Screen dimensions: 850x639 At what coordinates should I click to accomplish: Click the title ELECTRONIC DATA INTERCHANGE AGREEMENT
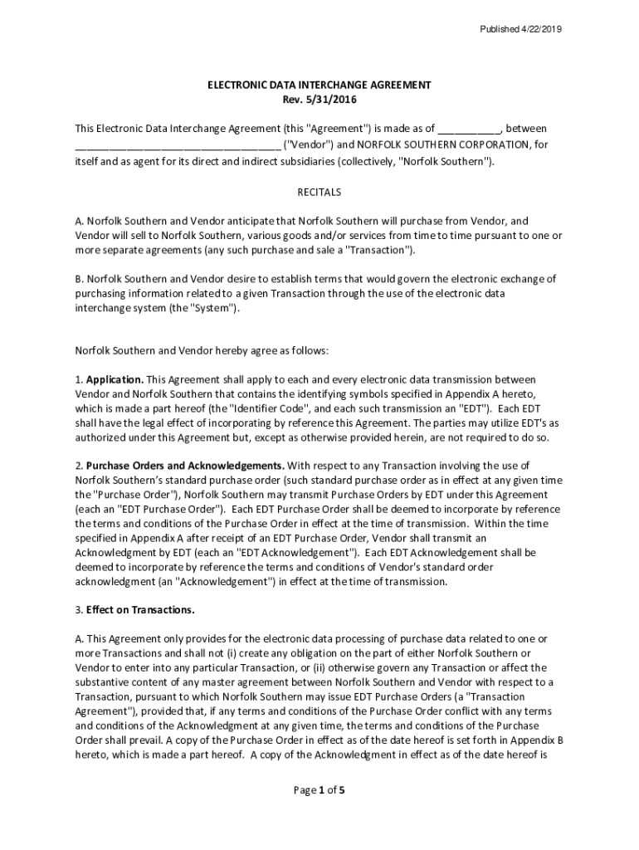point(319,85)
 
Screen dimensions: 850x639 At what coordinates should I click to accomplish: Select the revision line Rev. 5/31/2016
point(319,100)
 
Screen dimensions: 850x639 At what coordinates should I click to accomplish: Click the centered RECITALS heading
point(319,192)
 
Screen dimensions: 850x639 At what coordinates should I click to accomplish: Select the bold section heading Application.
point(115,379)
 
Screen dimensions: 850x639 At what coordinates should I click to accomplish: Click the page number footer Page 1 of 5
point(319,790)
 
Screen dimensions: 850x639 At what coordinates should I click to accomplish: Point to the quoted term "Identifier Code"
point(271,408)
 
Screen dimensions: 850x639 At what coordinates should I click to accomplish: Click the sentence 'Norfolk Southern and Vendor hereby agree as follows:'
point(202,350)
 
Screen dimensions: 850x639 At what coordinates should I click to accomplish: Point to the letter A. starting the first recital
point(80,221)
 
